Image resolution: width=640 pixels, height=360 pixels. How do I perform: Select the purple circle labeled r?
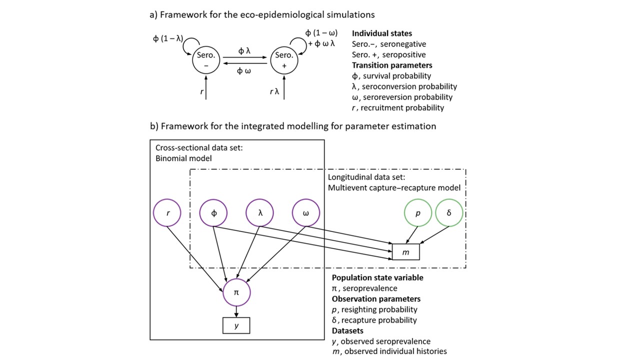[x=167, y=213]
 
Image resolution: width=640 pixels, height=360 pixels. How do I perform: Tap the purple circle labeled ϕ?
[x=213, y=213]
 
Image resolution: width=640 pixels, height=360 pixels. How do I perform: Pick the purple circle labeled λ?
[x=260, y=213]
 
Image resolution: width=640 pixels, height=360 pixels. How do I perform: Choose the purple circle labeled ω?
[x=306, y=213]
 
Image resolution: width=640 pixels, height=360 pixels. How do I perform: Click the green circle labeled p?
[x=417, y=213]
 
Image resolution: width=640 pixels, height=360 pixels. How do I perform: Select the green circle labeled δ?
[x=448, y=213]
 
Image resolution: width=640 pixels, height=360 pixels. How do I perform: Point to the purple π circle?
[x=236, y=292]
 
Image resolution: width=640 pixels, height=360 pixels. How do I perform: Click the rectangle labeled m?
[x=405, y=252]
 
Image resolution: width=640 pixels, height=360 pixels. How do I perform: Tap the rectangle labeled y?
[x=236, y=325]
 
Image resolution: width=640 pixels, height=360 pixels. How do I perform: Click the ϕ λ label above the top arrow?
[x=244, y=50]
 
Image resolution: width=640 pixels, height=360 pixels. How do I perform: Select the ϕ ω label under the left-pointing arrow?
[x=244, y=71]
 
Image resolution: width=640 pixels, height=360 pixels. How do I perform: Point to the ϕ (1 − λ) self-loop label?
[x=167, y=38]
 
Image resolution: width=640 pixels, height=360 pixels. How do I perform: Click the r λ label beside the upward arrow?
[x=273, y=91]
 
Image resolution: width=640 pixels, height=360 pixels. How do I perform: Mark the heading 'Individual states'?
[x=382, y=33]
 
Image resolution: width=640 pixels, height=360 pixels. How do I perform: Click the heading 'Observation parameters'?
[x=376, y=299]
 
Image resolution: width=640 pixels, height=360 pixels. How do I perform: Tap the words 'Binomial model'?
[x=183, y=158]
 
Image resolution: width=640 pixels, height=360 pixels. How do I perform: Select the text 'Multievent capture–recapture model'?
[x=394, y=188]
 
